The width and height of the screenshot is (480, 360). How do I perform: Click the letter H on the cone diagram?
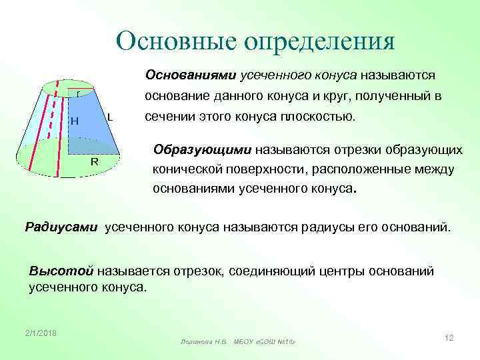pos(75,121)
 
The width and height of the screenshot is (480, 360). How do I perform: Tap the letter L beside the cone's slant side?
pos(109,116)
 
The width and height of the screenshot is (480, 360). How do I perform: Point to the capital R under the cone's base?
pos(95,162)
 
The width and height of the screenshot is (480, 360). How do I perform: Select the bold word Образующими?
pos(193,149)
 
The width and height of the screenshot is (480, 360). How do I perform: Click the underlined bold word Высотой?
pos(62,271)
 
